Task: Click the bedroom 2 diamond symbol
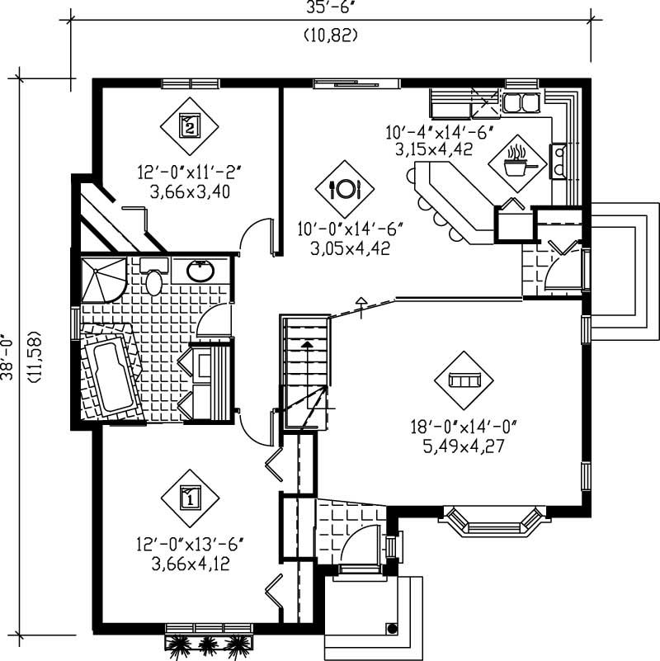[x=190, y=126]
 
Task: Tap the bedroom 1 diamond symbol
[x=190, y=498]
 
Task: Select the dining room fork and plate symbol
[x=344, y=189]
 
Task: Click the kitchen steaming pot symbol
[x=517, y=162]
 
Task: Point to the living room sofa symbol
[x=463, y=380]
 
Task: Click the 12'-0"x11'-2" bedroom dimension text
[x=190, y=172]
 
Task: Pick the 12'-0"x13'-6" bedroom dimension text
[x=190, y=545]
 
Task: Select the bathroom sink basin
[x=198, y=271]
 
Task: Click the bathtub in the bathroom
[x=110, y=375]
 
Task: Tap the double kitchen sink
[x=521, y=103]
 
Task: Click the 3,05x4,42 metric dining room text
[x=344, y=248]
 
